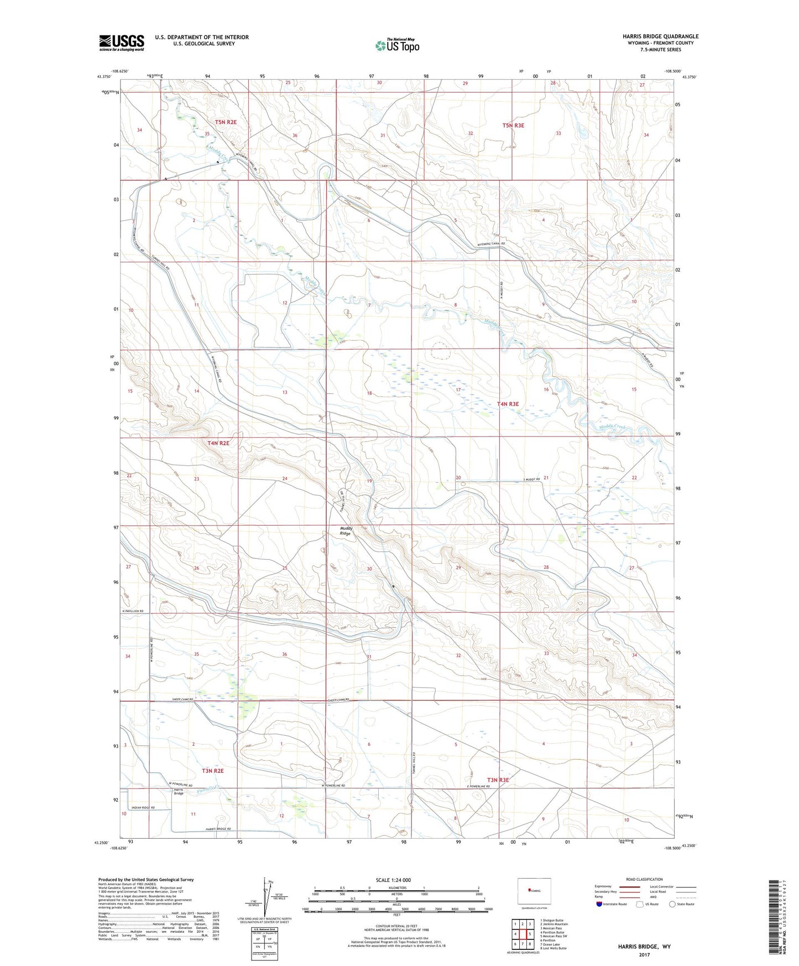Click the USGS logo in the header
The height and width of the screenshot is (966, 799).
coord(122,43)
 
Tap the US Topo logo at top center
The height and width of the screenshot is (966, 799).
coord(396,45)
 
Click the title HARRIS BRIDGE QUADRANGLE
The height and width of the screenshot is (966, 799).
coord(660,37)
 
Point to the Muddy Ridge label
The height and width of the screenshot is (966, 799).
coord(346,531)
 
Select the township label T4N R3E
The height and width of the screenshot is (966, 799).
coord(508,404)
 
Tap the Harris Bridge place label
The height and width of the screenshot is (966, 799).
coord(179,792)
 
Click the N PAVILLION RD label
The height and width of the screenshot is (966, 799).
coord(132,611)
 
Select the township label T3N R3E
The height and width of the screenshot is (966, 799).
coord(498,780)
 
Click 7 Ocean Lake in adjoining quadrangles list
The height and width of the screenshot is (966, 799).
coord(553,944)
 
